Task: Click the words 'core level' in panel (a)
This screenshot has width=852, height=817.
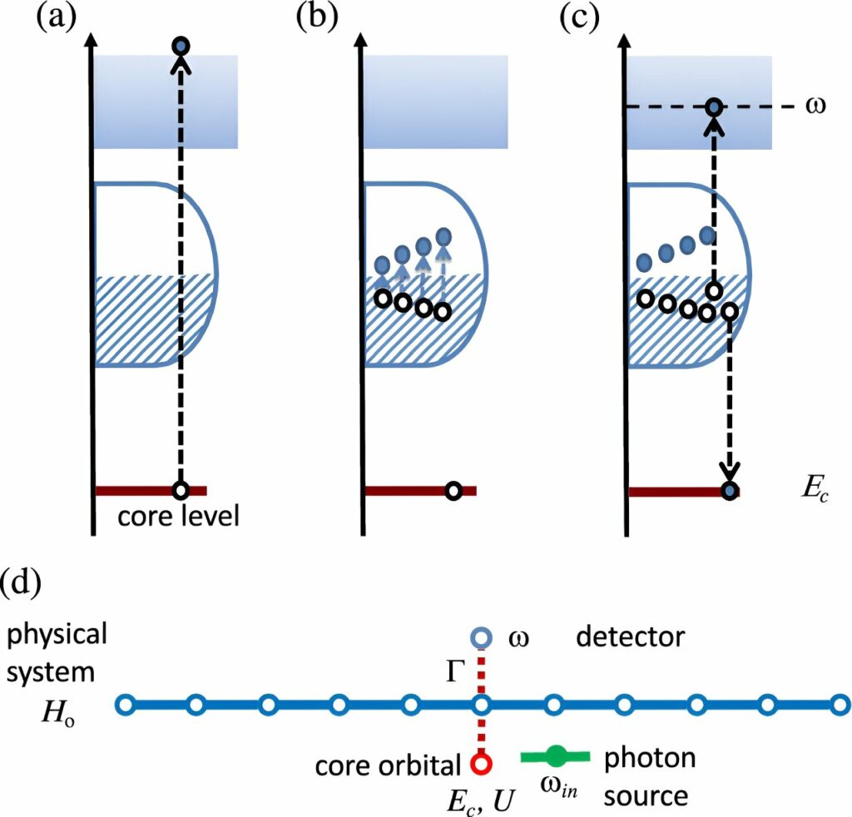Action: click(x=178, y=517)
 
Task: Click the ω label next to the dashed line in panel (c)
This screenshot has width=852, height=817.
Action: click(x=815, y=107)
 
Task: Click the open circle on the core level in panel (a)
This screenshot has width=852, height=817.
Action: click(x=179, y=491)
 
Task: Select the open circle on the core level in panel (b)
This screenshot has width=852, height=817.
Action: click(x=453, y=491)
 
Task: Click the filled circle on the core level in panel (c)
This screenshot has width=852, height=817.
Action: click(x=730, y=491)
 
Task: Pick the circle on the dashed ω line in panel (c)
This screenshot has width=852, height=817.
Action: click(x=713, y=107)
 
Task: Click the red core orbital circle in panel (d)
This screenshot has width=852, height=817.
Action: click(x=480, y=761)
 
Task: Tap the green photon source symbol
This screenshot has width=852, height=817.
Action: click(x=555, y=756)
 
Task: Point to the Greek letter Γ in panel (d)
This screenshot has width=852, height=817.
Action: click(x=452, y=670)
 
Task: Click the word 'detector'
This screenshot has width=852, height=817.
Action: click(x=631, y=638)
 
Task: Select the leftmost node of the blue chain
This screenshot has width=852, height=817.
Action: click(x=125, y=706)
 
